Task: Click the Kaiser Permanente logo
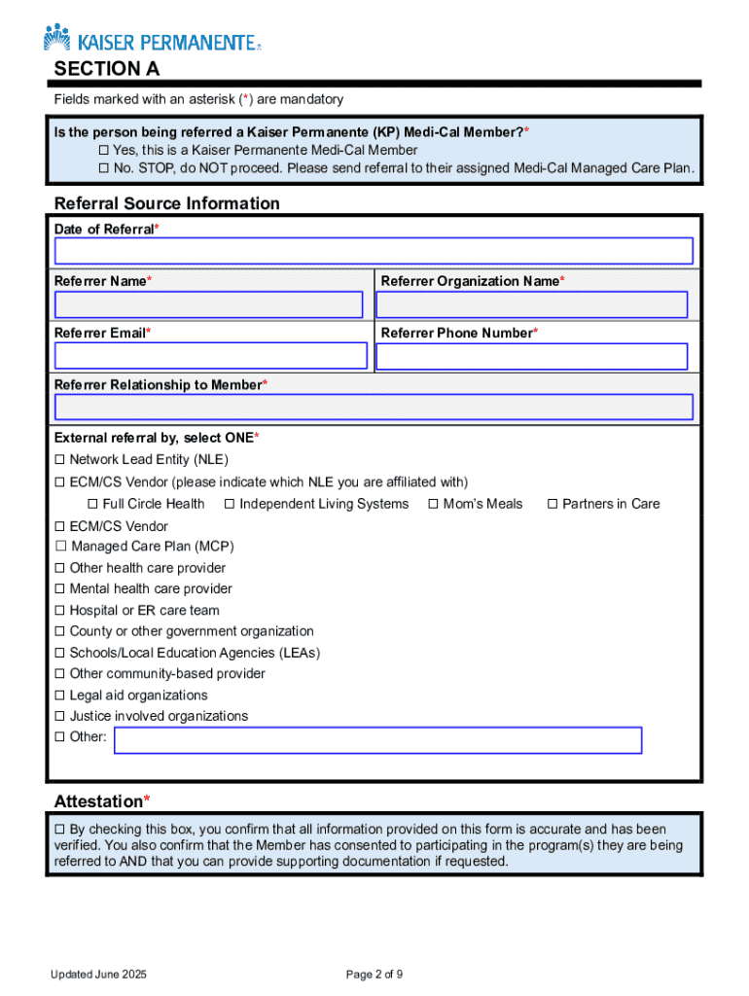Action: pyautogui.click(x=152, y=40)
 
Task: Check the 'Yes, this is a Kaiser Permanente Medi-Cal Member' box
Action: pyautogui.click(x=104, y=151)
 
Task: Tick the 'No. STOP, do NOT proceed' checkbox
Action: pyautogui.click(x=104, y=169)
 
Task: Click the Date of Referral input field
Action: pyautogui.click(x=374, y=251)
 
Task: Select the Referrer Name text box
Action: pyautogui.click(x=209, y=304)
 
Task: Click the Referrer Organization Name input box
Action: pyautogui.click(x=532, y=304)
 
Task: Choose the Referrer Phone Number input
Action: pyautogui.click(x=532, y=356)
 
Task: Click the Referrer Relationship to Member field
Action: pyautogui.click(x=374, y=407)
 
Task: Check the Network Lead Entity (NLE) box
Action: pyautogui.click(x=60, y=459)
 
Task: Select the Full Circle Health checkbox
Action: pyautogui.click(x=93, y=504)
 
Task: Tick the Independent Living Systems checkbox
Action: pyautogui.click(x=231, y=504)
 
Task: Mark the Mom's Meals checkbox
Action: pyautogui.click(x=434, y=504)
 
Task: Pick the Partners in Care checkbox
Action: pyautogui.click(x=553, y=504)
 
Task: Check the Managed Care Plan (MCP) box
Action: pyautogui.click(x=61, y=547)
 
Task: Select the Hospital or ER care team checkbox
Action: pyautogui.click(x=60, y=611)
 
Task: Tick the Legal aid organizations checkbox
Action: pyautogui.click(x=60, y=695)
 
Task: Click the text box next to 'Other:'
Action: pyautogui.click(x=377, y=740)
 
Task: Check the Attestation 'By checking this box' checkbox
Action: pyautogui.click(x=60, y=830)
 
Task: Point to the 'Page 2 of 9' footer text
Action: pyautogui.click(x=374, y=975)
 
